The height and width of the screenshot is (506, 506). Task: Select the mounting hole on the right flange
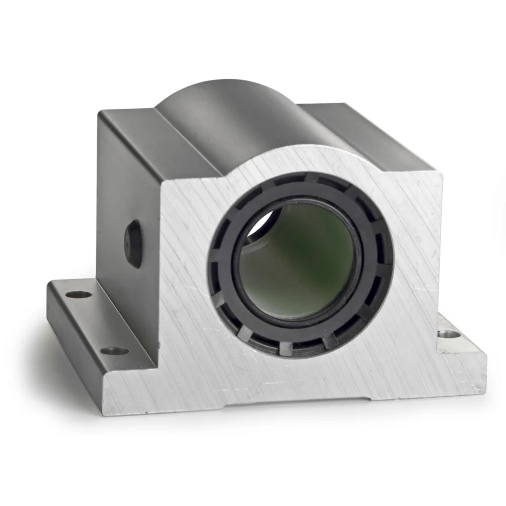click(448, 334)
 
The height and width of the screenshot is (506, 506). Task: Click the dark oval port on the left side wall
click(134, 243)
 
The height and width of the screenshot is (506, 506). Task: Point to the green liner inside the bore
click(304, 263)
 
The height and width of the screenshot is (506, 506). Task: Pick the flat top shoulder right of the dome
click(364, 126)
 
